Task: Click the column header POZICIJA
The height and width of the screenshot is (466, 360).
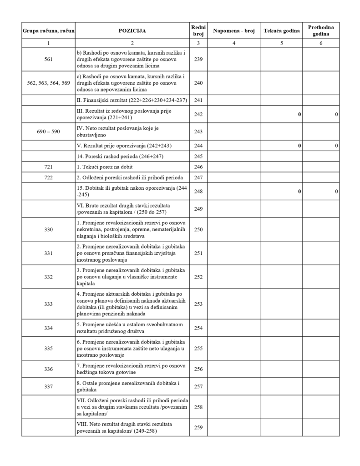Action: [132, 31]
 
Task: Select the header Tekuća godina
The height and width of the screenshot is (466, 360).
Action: [282, 31]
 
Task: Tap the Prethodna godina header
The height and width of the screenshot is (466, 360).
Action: [321, 31]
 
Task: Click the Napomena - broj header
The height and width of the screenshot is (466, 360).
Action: [234, 31]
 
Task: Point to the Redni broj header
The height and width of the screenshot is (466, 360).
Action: [198, 31]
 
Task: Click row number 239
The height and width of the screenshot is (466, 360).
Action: [198, 60]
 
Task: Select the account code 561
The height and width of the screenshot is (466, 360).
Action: [48, 60]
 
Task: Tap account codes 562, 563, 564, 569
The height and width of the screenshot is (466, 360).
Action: [48, 83]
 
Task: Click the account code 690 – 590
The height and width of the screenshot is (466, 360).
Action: [48, 132]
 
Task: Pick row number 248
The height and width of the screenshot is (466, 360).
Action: [198, 192]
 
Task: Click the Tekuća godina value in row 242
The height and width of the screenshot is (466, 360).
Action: [299, 115]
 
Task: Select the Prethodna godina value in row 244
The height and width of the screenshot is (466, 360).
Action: [336, 146]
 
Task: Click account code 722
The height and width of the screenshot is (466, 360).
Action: [48, 177]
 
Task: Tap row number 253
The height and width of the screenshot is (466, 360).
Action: [198, 304]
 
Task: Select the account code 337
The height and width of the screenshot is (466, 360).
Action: [48, 387]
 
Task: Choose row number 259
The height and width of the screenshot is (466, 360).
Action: [198, 427]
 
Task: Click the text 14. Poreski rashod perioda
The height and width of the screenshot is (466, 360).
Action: [120, 157]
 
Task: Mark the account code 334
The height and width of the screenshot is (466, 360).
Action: [48, 328]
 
